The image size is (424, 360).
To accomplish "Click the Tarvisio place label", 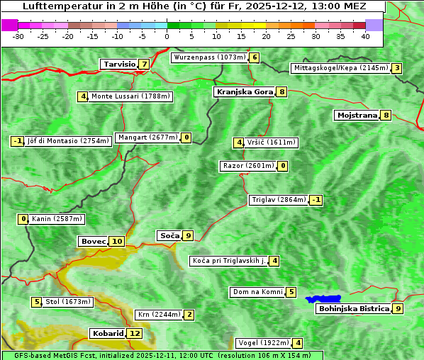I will pyautogui.click(x=119, y=64).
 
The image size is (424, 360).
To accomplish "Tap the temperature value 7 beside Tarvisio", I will pyautogui.click(x=144, y=64).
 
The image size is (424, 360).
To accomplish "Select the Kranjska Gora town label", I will pyautogui.click(x=244, y=91).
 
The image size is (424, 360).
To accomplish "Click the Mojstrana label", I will pyautogui.click(x=357, y=115).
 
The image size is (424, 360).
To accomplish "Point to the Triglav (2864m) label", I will pyautogui.click(x=279, y=200).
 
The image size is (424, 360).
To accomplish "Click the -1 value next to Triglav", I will pyautogui.click(x=316, y=200).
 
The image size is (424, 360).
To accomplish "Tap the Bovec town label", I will pyautogui.click(x=93, y=241).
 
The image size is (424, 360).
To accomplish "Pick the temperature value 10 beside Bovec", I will pyautogui.click(x=117, y=241).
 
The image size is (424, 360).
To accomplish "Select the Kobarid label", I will pyautogui.click(x=107, y=333).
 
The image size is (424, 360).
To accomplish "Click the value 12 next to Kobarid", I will pyautogui.click(x=135, y=333).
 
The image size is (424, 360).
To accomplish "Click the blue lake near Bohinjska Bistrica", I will pyautogui.click(x=324, y=299).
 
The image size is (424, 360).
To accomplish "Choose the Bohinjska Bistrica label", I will pyautogui.click(x=354, y=308).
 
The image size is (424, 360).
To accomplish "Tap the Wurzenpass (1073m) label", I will pyautogui.click(x=209, y=57).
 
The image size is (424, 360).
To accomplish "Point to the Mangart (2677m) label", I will pyautogui.click(x=147, y=137).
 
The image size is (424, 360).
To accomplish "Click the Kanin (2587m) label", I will pyautogui.click(x=57, y=219).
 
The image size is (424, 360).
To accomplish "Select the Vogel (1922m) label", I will pyautogui.click(x=262, y=343).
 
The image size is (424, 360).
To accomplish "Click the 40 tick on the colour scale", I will pyautogui.click(x=365, y=35).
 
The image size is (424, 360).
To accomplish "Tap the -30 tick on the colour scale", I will pyautogui.click(x=18, y=35).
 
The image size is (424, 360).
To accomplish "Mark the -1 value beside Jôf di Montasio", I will pyautogui.click(x=18, y=141).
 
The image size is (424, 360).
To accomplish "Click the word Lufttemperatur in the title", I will pyautogui.click(x=57, y=6).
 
